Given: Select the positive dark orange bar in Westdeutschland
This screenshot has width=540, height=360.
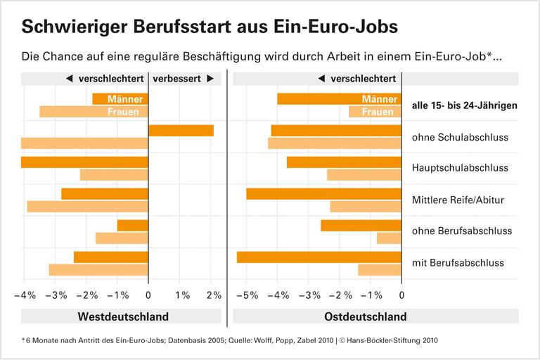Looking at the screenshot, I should [181, 130].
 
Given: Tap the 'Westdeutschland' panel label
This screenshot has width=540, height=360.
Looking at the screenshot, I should [123, 316].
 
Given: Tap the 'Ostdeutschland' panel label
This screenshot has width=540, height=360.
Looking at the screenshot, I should [365, 316].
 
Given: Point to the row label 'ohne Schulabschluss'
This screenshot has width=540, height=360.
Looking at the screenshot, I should [460, 136].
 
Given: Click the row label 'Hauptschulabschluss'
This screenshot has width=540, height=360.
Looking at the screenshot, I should [460, 168].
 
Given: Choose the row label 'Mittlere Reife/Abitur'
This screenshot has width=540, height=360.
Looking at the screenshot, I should [458, 200].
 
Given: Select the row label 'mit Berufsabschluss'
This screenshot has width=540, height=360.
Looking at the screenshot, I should [458, 263].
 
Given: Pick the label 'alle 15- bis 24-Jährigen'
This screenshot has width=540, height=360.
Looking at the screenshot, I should [464, 105].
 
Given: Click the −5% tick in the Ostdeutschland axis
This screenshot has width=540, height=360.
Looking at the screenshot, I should [246, 295].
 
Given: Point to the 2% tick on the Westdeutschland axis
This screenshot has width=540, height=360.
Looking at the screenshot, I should [213, 295].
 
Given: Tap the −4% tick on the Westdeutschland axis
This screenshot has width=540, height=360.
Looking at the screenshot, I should [25, 295].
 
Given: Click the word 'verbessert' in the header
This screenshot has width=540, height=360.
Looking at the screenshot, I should [176, 79].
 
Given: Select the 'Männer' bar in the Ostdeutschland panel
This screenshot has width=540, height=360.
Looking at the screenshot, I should [339, 99].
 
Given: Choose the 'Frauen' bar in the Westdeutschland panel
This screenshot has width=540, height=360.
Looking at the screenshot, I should [94, 111].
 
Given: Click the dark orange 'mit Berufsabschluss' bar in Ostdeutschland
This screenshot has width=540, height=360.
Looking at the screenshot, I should [319, 257].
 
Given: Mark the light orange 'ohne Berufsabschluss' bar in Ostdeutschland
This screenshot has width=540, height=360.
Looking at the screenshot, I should [389, 238].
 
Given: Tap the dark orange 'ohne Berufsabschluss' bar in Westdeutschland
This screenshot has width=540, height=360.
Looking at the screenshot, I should [132, 226].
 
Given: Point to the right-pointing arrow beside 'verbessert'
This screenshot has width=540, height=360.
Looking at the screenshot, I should [210, 79].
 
